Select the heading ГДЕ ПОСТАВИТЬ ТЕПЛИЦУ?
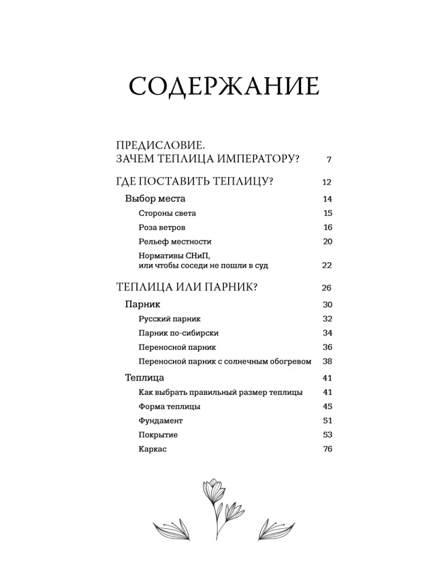[x=195, y=182]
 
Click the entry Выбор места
[x=156, y=199]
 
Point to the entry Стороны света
[x=167, y=213]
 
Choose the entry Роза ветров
[x=162, y=227]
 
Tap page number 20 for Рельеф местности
[x=327, y=242]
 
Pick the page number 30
[x=327, y=305]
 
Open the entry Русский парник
[x=170, y=319]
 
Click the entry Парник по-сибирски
[x=179, y=333]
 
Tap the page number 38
[x=327, y=361]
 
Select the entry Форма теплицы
[x=170, y=407]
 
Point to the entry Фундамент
[x=161, y=420]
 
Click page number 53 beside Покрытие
[x=327, y=435]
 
